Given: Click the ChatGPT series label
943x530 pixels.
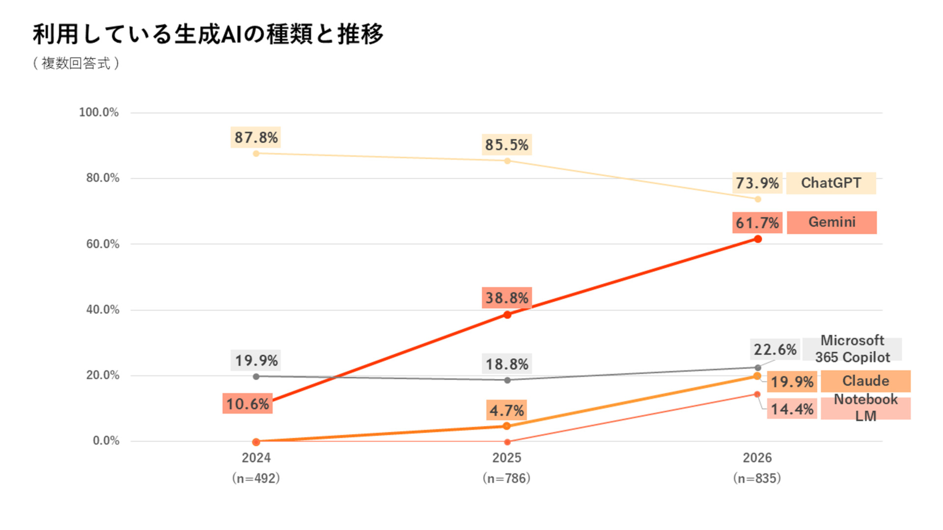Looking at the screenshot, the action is point(831,183).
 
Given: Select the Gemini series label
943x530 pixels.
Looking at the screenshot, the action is point(832,222).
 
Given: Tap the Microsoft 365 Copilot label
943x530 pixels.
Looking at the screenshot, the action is point(852,349).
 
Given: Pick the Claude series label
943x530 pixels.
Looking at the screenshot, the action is point(865,381).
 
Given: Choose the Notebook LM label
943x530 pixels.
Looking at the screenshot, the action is point(865,408).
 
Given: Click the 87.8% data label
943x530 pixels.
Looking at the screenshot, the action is point(256,137).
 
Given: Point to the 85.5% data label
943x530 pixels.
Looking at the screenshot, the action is point(507,145).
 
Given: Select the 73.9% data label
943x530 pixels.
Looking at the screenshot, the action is point(757,183).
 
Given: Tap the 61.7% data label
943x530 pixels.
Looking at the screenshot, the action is point(757,223).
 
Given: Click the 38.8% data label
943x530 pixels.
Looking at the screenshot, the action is point(507,298).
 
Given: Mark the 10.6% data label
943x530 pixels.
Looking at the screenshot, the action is point(248,404).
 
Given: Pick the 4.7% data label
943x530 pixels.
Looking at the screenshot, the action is point(507,410).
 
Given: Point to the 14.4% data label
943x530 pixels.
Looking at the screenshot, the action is point(792,409).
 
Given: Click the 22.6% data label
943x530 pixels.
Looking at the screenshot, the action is point(775,349).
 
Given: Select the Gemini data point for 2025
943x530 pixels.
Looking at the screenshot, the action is point(507,315).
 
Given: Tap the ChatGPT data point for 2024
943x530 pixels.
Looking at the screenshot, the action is point(256,154).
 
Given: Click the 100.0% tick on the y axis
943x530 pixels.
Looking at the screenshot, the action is point(99,112).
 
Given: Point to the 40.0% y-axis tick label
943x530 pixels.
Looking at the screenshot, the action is point(103,310).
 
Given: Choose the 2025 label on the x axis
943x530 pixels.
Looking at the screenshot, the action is point(507,458).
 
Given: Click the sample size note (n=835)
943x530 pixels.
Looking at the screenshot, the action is point(757,478).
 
